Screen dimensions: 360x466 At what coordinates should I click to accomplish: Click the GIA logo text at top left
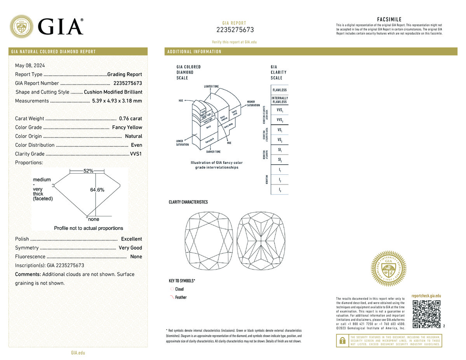click(61, 26)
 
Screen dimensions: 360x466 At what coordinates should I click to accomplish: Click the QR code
click(427, 314)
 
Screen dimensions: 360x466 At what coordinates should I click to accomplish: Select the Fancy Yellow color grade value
click(127, 127)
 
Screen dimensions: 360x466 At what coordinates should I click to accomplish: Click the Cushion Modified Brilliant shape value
click(113, 92)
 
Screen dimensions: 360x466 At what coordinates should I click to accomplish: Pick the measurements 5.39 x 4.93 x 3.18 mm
click(117, 101)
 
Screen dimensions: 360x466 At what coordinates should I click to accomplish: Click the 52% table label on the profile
click(89, 171)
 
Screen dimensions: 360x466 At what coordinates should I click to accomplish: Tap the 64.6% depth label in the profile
click(97, 190)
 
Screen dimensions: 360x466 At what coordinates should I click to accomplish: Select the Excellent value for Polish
click(131, 239)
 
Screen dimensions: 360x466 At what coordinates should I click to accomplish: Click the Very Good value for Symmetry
click(130, 248)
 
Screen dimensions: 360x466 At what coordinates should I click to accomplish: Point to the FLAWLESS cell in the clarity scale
click(280, 90)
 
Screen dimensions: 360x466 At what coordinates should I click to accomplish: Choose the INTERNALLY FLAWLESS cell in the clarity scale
click(280, 100)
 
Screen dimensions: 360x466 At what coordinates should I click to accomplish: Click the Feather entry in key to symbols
click(181, 297)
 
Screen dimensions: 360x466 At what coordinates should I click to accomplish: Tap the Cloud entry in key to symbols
click(179, 289)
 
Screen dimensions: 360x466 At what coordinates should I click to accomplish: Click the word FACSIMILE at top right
click(389, 19)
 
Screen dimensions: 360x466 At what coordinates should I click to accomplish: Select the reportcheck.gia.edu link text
click(426, 296)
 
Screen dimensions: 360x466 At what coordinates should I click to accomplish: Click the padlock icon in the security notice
click(342, 341)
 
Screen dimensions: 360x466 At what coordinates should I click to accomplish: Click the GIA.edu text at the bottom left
click(78, 353)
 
